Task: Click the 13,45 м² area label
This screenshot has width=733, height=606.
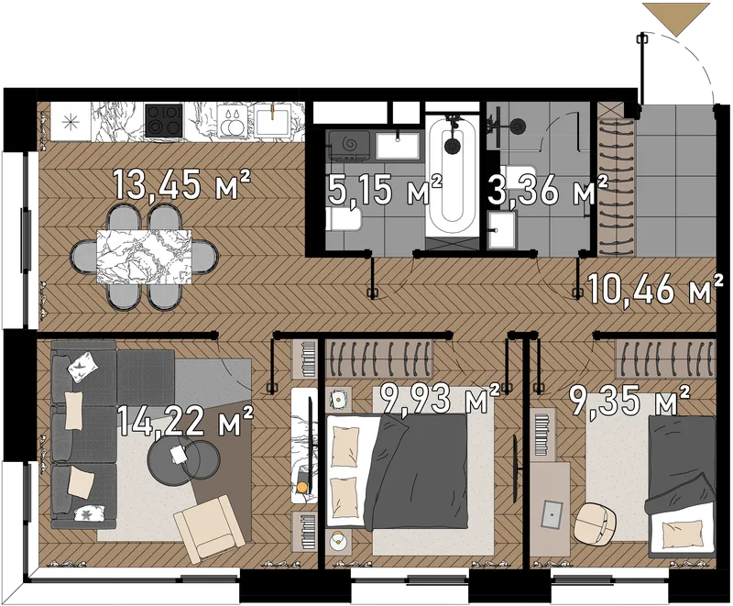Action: coord(181,185)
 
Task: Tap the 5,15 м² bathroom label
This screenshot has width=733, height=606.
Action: coord(385,190)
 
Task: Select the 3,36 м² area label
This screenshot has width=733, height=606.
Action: coord(547,190)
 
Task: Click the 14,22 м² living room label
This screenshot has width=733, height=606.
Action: coord(185,420)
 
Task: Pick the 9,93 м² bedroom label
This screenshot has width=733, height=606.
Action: coord(441,399)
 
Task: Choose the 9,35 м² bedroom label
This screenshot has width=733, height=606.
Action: coord(629,400)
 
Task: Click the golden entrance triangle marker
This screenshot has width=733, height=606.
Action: coord(676,17)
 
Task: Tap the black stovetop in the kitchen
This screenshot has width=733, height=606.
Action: coord(163,120)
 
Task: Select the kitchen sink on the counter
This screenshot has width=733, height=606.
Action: coord(271,121)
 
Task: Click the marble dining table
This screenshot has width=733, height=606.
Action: coord(144,256)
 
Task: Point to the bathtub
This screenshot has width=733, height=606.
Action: coord(453,176)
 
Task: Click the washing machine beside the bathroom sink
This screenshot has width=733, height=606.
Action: coord(349,146)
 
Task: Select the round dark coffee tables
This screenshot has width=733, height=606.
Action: coord(183,460)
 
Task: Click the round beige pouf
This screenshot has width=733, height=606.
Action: coord(595,524)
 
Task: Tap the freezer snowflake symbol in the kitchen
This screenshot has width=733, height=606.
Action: coord(71,122)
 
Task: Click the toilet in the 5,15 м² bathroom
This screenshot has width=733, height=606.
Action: coord(345,219)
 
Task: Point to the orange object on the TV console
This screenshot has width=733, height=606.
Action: coord(301,487)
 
